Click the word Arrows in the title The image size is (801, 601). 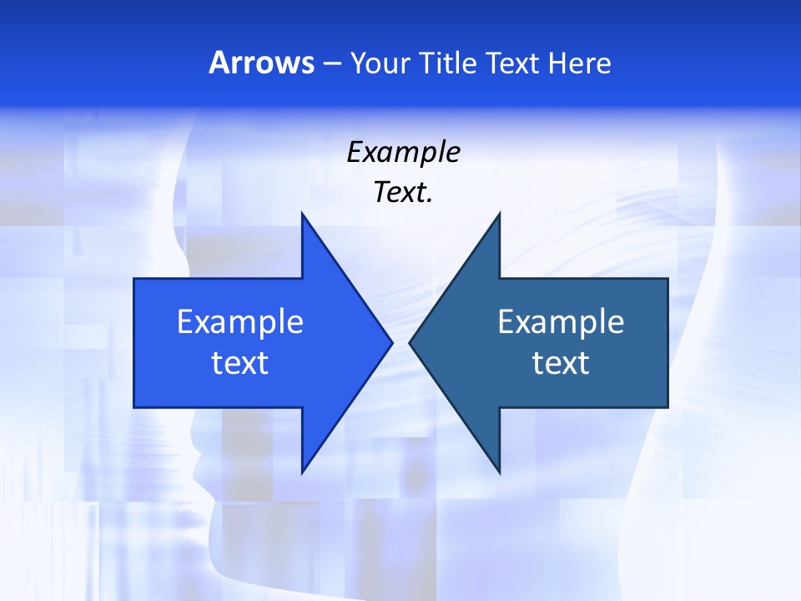262,63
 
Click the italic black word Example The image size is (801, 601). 403,152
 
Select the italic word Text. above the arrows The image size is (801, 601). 403,192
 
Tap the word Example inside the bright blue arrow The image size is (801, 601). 240,321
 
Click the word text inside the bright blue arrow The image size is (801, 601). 240,362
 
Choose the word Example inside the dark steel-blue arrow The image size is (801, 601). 561,321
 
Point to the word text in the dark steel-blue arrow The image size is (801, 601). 561,362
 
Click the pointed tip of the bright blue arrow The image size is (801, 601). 392,342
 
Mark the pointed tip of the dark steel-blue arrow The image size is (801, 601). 410,342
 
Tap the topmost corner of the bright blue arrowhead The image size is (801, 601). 302,213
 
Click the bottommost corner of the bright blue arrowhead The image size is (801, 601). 302,472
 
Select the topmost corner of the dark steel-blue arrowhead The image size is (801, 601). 499,213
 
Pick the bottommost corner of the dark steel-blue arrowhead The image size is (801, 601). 499,472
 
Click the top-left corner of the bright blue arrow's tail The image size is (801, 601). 134,279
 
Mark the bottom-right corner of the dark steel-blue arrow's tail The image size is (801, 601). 667,407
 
